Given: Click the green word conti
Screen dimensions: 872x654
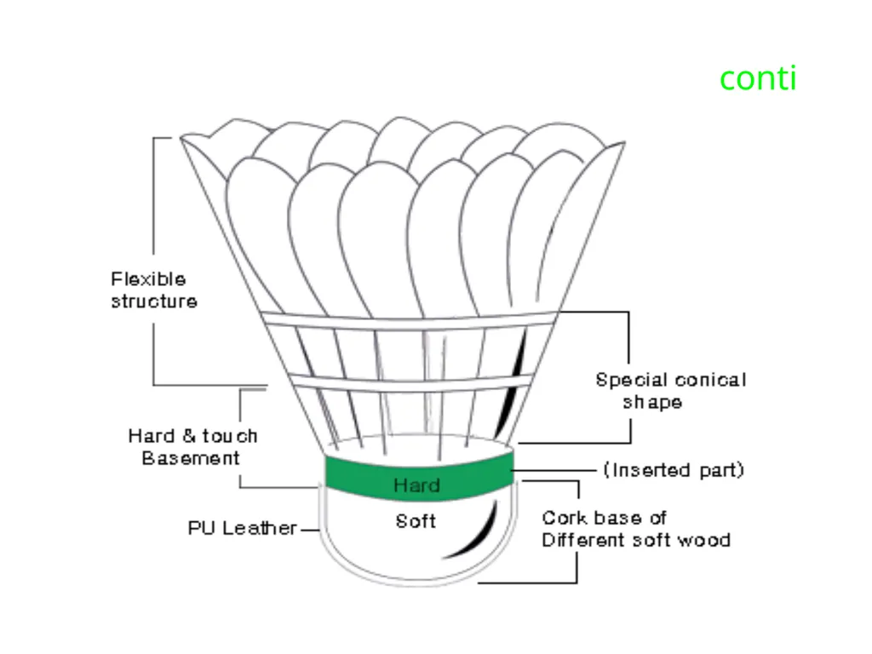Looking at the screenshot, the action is (x=758, y=78).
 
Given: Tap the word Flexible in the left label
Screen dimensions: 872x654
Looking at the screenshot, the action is (x=148, y=278).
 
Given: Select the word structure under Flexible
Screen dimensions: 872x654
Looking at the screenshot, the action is (x=154, y=301).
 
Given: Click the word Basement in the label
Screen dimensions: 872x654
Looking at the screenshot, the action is (x=191, y=457).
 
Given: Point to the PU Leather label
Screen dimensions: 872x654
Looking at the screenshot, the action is (x=243, y=528).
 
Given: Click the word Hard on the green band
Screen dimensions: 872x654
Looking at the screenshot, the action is (x=416, y=485).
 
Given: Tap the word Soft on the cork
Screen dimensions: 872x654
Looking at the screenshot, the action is (x=416, y=521).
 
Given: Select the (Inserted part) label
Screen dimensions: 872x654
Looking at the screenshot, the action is (x=674, y=470).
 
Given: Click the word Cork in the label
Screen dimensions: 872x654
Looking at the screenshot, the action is (x=562, y=518).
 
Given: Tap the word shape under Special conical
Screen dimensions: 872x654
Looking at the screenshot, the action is (x=652, y=403).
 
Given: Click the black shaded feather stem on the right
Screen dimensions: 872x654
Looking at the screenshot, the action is (x=512, y=384).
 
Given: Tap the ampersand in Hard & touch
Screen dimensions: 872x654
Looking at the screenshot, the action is (x=189, y=435).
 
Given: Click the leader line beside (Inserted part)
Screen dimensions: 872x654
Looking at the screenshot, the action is (x=554, y=470).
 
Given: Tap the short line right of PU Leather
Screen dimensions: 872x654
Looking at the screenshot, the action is (x=310, y=530).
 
